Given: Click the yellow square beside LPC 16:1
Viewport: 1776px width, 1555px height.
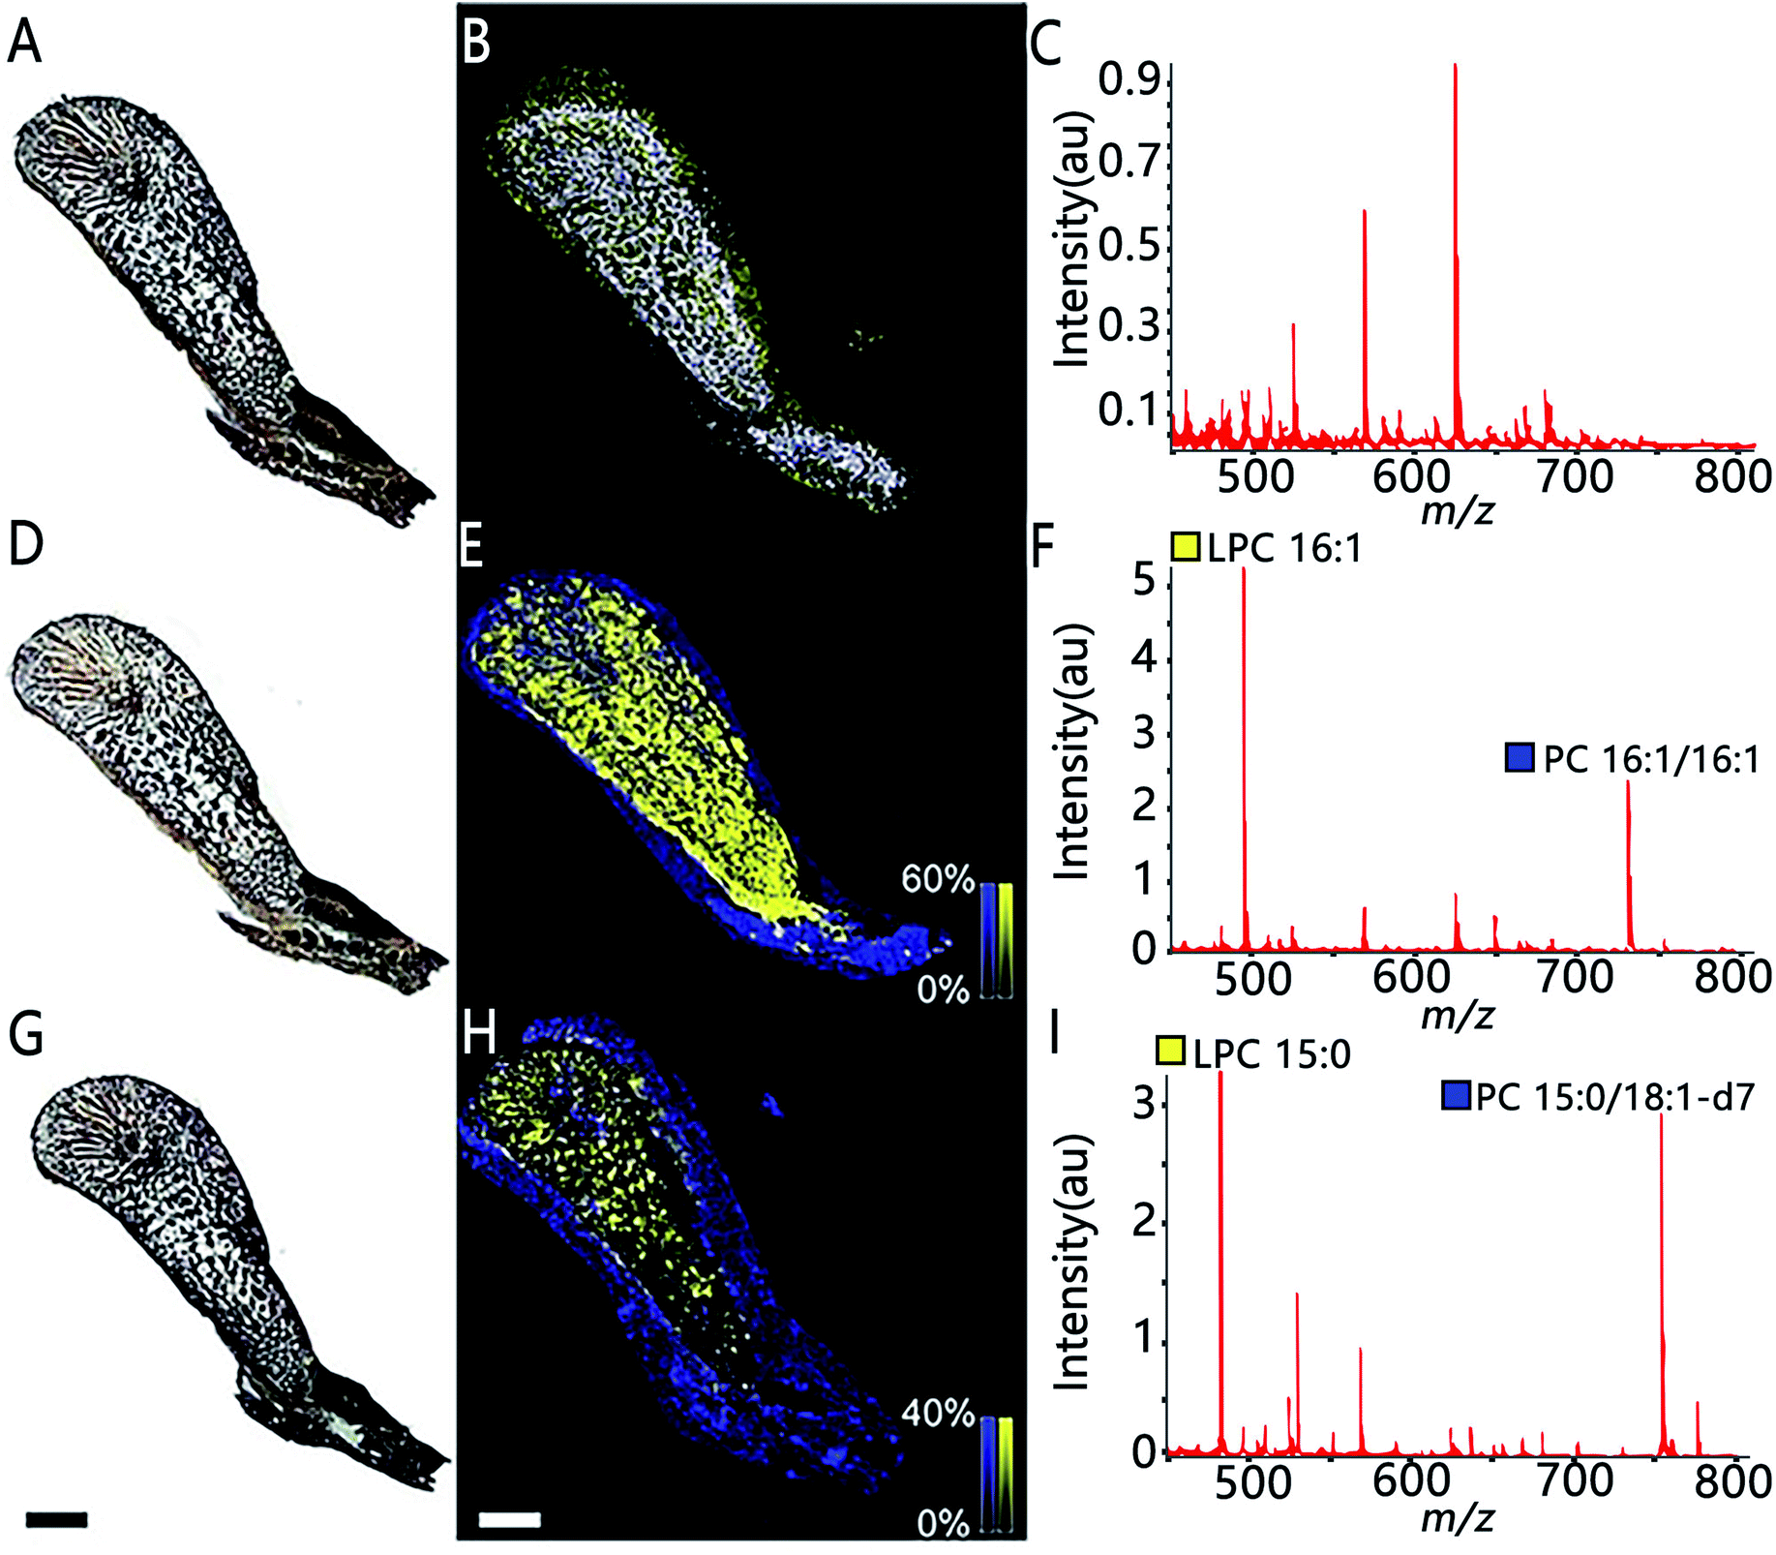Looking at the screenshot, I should click(x=1186, y=547).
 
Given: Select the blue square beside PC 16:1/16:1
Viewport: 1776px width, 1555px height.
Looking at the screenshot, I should click(x=1520, y=757).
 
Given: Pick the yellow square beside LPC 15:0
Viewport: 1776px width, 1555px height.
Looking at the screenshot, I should click(x=1171, y=1052).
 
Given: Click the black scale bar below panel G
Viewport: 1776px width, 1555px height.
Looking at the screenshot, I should click(x=56, y=1519).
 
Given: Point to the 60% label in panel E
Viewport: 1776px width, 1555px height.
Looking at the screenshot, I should click(x=937, y=879).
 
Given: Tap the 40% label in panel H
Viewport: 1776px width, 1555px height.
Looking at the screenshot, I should click(x=937, y=1414).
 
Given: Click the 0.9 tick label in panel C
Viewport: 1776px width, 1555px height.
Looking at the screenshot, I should click(x=1129, y=80).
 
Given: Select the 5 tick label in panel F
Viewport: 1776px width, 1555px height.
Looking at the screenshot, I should click(x=1145, y=581).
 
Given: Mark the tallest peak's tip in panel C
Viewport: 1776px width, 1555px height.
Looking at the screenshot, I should click(x=1455, y=66).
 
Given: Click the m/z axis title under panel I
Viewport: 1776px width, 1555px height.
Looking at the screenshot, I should click(x=1458, y=1518).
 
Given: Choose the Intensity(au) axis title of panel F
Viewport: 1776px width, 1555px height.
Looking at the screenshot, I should click(x=1072, y=751).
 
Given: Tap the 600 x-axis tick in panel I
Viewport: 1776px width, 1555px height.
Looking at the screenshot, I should click(x=1412, y=1481).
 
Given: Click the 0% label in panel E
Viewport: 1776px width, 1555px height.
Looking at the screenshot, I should click(x=943, y=990).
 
